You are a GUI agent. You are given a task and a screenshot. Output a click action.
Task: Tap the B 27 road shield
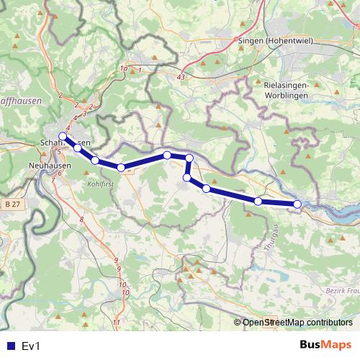click(10, 204)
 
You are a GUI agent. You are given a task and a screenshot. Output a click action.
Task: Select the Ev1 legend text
click(30, 346)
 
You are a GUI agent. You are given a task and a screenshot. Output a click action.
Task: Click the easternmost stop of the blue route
click(297, 204)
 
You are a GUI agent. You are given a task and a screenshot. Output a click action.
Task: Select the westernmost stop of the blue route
click(63, 136)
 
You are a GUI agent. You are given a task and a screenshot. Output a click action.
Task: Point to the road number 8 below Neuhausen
click(82, 219)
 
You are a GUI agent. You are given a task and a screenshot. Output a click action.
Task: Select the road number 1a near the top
click(124, 68)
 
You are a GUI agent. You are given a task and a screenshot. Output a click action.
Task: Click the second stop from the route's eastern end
click(258, 201)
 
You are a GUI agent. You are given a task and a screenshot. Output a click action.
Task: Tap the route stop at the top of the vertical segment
click(189, 158)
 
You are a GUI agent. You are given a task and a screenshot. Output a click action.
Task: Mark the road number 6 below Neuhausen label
click(60, 173)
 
